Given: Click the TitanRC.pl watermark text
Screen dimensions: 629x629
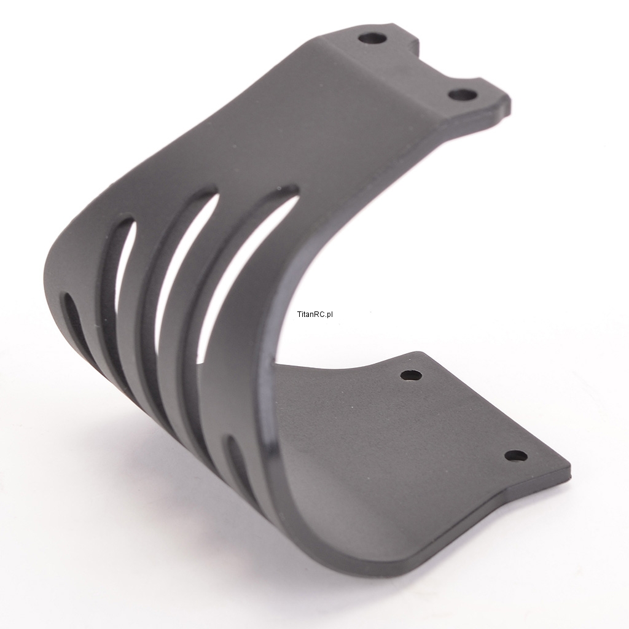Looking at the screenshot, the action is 315,314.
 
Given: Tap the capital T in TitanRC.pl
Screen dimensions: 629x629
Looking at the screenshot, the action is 299,314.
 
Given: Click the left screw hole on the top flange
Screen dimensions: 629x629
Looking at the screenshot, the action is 372,39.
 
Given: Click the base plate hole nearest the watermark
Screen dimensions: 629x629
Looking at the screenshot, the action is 412,376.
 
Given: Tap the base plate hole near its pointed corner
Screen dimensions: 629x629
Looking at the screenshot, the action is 516,456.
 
